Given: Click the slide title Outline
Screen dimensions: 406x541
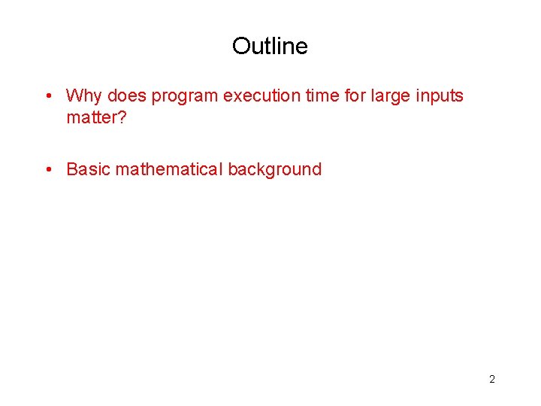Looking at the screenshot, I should [x=270, y=47].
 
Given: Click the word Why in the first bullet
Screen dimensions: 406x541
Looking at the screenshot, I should [x=84, y=96].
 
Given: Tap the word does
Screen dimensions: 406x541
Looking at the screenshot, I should [x=127, y=96].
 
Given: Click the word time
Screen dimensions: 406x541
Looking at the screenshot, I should [x=323, y=96].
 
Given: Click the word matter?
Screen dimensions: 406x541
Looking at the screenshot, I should [x=96, y=118].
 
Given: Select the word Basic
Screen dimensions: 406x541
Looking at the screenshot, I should [x=88, y=170].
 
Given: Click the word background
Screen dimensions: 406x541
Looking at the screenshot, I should [x=275, y=170].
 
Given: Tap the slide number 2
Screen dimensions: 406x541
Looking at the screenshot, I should [x=492, y=379].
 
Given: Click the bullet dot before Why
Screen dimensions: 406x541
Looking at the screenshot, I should [x=47, y=96].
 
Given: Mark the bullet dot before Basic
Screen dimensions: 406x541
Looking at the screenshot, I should [x=47, y=170].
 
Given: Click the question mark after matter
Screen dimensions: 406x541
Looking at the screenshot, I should [x=122, y=118].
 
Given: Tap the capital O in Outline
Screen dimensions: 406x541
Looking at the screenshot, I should [x=241, y=47].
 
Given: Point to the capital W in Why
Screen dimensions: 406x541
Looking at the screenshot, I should [x=74, y=96].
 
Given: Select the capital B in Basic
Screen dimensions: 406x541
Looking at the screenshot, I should [x=72, y=170].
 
